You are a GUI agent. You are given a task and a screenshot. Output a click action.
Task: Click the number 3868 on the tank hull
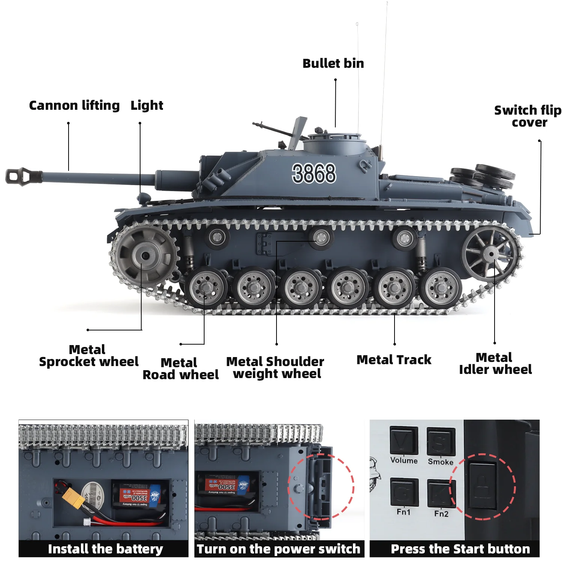click(314, 173)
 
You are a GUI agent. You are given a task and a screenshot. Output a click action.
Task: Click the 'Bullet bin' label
click(333, 63)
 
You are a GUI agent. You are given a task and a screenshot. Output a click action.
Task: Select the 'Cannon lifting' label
click(74, 105)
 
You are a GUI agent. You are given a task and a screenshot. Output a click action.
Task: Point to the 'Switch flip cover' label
click(528, 116)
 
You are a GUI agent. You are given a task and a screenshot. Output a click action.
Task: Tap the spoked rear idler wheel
click(490, 254)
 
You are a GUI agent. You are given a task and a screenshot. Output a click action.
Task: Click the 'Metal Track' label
click(394, 360)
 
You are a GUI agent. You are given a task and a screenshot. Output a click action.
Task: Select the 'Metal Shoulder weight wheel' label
click(275, 368)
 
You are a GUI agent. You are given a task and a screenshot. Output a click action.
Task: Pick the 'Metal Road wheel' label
click(181, 369)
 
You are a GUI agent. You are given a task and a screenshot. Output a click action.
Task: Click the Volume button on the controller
click(404, 441)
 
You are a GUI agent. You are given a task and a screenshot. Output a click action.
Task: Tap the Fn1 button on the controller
click(404, 492)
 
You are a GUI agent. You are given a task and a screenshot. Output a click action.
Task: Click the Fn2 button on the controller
click(441, 493)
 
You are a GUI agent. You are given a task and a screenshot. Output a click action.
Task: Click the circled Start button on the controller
click(483, 486)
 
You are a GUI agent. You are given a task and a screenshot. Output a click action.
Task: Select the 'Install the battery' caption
click(105, 549)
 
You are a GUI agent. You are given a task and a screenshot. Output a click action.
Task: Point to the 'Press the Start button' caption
click(460, 549)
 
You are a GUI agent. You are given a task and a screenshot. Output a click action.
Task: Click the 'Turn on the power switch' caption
click(278, 549)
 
